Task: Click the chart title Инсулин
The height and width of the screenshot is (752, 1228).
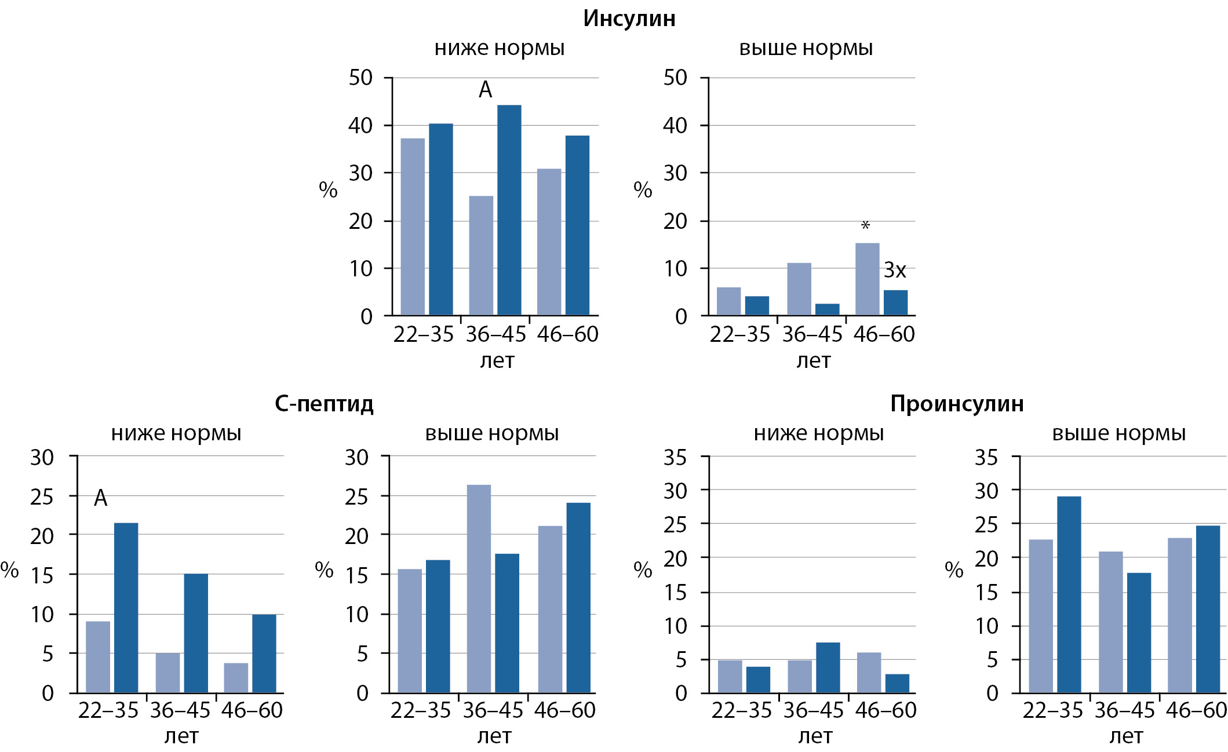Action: tap(629, 19)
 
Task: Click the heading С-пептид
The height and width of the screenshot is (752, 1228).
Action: tap(324, 404)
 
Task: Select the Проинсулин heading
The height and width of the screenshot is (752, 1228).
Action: tap(957, 404)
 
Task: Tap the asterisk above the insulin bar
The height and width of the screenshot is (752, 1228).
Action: tap(865, 225)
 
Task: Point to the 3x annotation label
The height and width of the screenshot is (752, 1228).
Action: tap(894, 270)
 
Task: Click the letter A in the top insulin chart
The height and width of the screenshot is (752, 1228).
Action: tap(485, 90)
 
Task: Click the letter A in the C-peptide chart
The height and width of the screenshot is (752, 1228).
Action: tap(100, 498)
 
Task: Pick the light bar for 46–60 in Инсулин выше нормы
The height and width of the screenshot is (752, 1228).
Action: tap(867, 279)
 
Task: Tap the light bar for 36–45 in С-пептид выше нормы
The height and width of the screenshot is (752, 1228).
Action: tap(479, 588)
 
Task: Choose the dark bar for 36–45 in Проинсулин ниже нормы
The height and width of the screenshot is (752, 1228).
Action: tap(828, 667)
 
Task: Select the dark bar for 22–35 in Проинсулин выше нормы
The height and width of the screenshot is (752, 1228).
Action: tap(1069, 594)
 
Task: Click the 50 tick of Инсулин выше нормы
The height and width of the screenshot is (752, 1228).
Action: tap(675, 78)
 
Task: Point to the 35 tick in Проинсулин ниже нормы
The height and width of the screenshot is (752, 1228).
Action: tap(675, 458)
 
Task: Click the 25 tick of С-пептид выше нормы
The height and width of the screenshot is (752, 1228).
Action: tap(356, 497)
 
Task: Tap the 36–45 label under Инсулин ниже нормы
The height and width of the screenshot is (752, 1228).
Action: tap(495, 334)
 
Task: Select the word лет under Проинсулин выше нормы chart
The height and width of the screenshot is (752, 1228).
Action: tap(1126, 736)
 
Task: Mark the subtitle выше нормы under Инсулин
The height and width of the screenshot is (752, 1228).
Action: tap(806, 48)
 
